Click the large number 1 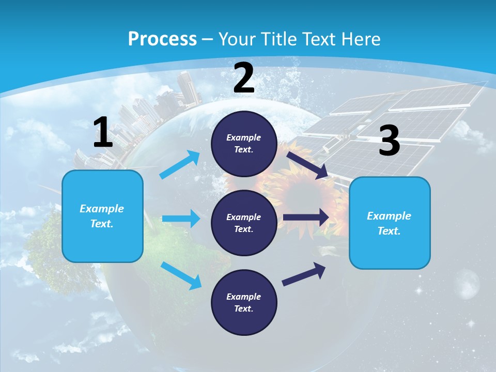(103, 133)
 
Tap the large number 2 (244, 78)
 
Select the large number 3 (390, 141)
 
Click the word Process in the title (162, 39)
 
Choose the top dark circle (244, 144)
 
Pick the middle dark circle (244, 223)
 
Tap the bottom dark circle (244, 302)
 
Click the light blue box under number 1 (102, 216)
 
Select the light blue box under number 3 (390, 223)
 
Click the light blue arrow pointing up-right (180, 164)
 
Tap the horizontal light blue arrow (181, 219)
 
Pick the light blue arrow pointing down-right (181, 275)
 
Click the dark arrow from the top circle (307, 165)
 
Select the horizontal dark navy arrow (306, 218)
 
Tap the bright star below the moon (471, 324)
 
